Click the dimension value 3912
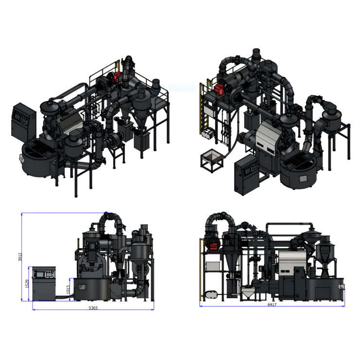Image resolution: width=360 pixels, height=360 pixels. point(20,257)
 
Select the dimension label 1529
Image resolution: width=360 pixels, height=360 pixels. point(27,284)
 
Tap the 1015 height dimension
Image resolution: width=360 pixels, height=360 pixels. point(68,289)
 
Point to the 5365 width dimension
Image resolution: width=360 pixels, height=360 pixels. point(93,308)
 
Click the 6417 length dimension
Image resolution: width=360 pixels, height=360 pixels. point(272,305)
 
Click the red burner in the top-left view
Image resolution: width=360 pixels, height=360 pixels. point(117,77)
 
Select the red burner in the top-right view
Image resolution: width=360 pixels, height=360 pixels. point(219,89)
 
